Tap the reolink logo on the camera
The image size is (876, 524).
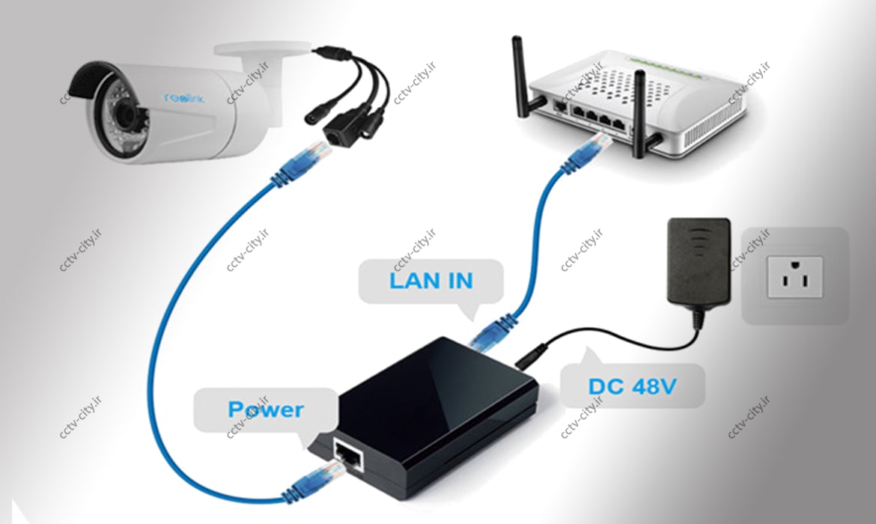(183, 98)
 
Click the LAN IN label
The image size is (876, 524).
(431, 281)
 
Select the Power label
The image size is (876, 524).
(265, 409)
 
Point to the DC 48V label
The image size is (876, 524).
(632, 386)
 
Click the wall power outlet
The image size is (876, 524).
(794, 277)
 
